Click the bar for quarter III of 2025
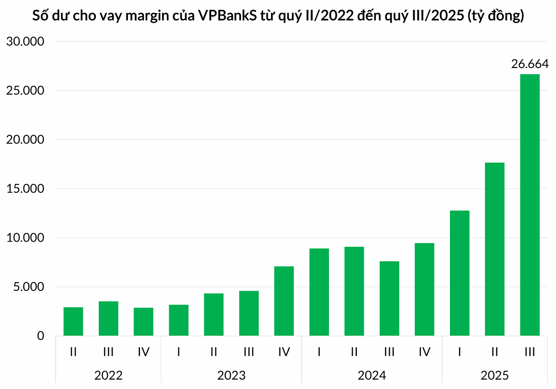(x=530, y=205)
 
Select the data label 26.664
(x=530, y=64)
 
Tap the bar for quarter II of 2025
(x=494, y=249)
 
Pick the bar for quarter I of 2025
(x=459, y=273)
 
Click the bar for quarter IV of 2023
(x=284, y=301)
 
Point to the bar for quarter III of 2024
(x=389, y=299)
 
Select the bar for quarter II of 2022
(x=73, y=321)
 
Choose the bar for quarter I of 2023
(x=178, y=320)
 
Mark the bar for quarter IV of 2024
(x=424, y=289)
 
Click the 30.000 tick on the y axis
(x=25, y=42)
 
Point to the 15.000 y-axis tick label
(x=25, y=189)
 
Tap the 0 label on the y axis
(x=40, y=336)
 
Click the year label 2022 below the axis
(x=108, y=375)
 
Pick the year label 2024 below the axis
(x=372, y=375)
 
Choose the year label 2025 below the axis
(x=494, y=375)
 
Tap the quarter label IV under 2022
(x=143, y=352)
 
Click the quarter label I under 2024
(x=319, y=352)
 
